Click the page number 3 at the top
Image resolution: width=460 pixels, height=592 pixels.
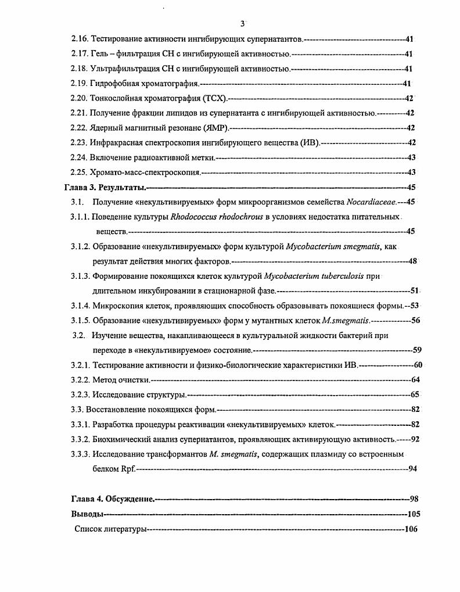pyautogui.click(x=242, y=23)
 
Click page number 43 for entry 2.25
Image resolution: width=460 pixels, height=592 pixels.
pyautogui.click(x=412, y=172)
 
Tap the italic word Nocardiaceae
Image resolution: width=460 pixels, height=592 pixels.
pyautogui.click(x=371, y=202)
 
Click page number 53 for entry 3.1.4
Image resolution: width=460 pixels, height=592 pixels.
pyautogui.click(x=415, y=306)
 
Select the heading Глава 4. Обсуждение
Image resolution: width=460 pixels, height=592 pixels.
pyautogui.click(x=113, y=499)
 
